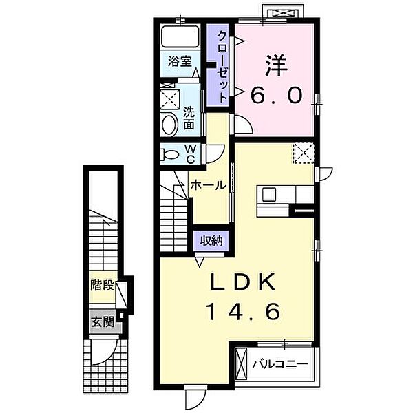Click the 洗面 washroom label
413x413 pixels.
point(191,116)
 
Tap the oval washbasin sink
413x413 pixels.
point(169,125)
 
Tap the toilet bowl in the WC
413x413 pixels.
point(168,155)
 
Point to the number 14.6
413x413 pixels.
point(242,313)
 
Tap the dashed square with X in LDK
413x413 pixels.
point(303,152)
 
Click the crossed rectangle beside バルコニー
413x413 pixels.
point(242,362)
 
